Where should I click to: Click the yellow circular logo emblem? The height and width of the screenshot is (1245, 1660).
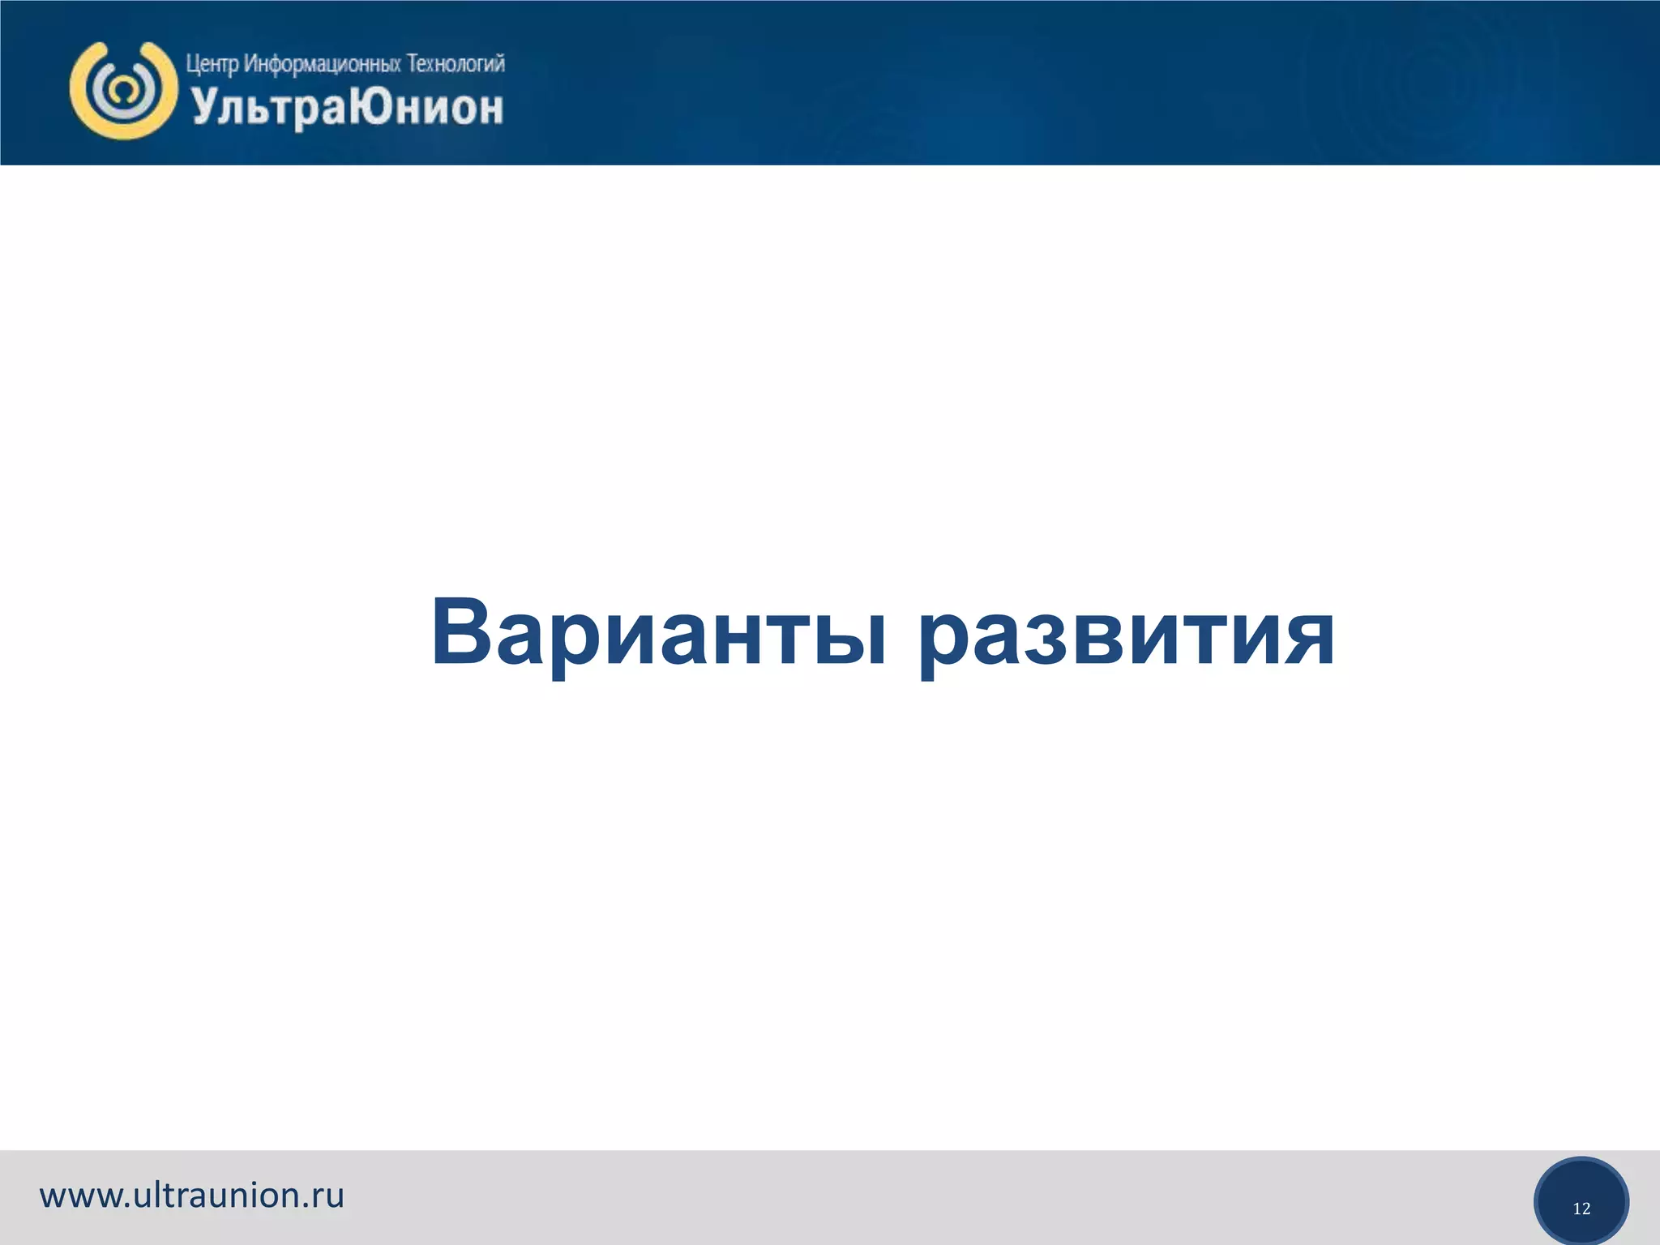coord(123,90)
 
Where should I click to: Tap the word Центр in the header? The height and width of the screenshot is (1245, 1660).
coord(212,64)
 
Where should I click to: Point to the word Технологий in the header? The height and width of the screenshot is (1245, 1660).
coord(456,63)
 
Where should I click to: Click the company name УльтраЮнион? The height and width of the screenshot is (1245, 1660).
coord(347,109)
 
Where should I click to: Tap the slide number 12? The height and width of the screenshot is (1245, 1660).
coord(1581,1209)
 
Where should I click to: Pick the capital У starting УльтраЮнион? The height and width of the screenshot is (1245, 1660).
coord(204,108)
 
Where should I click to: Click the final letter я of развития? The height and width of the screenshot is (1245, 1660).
coord(1307,640)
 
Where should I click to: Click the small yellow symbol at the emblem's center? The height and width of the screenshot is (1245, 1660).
coord(122,90)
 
